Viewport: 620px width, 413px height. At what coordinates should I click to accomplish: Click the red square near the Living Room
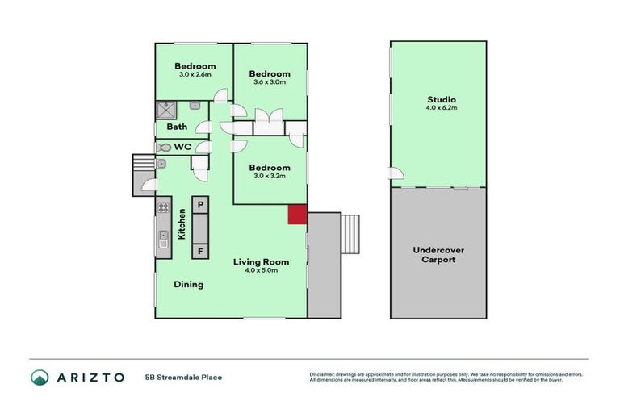pyautogui.click(x=298, y=215)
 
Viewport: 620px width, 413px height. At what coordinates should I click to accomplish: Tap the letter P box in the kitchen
pyautogui.click(x=199, y=203)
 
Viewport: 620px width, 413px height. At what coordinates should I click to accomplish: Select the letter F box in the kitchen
pyautogui.click(x=199, y=251)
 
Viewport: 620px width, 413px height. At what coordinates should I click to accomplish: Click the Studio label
pyautogui.click(x=436, y=100)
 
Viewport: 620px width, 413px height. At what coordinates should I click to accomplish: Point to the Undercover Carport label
pyautogui.click(x=438, y=255)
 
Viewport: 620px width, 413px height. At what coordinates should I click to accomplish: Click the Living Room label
pyautogui.click(x=261, y=261)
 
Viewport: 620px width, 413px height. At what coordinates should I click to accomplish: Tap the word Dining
pyautogui.click(x=188, y=284)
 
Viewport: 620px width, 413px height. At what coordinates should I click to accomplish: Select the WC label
pyautogui.click(x=182, y=148)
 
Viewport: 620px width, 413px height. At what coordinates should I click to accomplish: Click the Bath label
pyautogui.click(x=177, y=127)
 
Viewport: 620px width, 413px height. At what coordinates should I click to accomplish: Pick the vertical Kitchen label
pyautogui.click(x=182, y=223)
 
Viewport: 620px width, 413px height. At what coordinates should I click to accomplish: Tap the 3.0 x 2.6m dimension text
pyautogui.click(x=195, y=74)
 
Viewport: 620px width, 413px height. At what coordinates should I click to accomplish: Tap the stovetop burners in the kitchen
pyautogui.click(x=162, y=207)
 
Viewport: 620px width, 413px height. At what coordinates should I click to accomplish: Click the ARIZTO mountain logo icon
pyautogui.click(x=40, y=377)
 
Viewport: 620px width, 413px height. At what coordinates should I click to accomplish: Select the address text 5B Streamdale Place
pyautogui.click(x=184, y=377)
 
